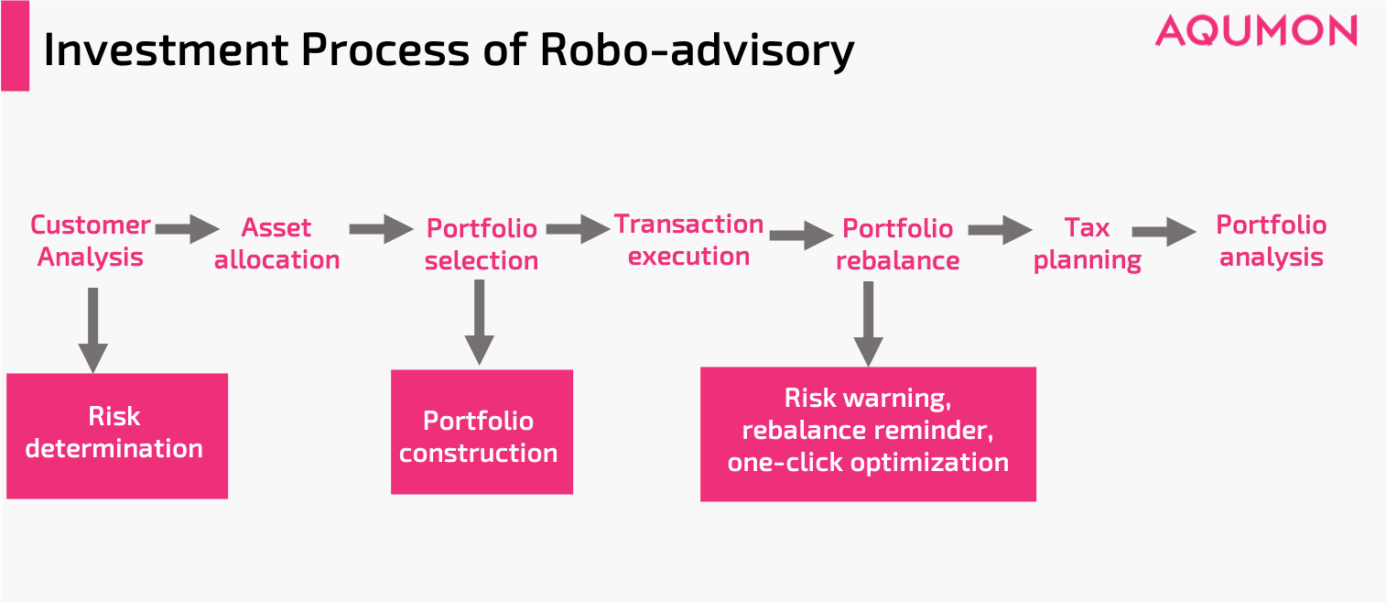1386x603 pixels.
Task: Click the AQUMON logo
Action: click(x=1255, y=30)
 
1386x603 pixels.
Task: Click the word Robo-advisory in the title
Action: click(x=697, y=50)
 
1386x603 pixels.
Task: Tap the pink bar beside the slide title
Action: click(x=15, y=46)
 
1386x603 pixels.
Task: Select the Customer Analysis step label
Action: click(x=90, y=241)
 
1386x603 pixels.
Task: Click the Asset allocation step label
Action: click(x=276, y=244)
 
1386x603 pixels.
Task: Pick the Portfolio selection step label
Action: click(x=482, y=245)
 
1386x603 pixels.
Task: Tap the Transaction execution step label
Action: click(x=688, y=240)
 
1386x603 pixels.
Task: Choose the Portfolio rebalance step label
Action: click(x=897, y=245)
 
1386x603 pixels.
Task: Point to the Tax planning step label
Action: click(x=1087, y=244)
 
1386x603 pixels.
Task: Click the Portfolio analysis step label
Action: click(x=1271, y=241)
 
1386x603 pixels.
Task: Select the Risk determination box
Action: click(x=116, y=434)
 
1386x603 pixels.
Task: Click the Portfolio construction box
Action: click(x=481, y=433)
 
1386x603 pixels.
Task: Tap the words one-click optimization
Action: click(x=868, y=463)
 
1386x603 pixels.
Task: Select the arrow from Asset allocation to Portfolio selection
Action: click(x=381, y=228)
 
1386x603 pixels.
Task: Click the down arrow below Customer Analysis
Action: click(x=92, y=330)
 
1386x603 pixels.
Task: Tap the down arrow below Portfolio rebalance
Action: click(x=868, y=323)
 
